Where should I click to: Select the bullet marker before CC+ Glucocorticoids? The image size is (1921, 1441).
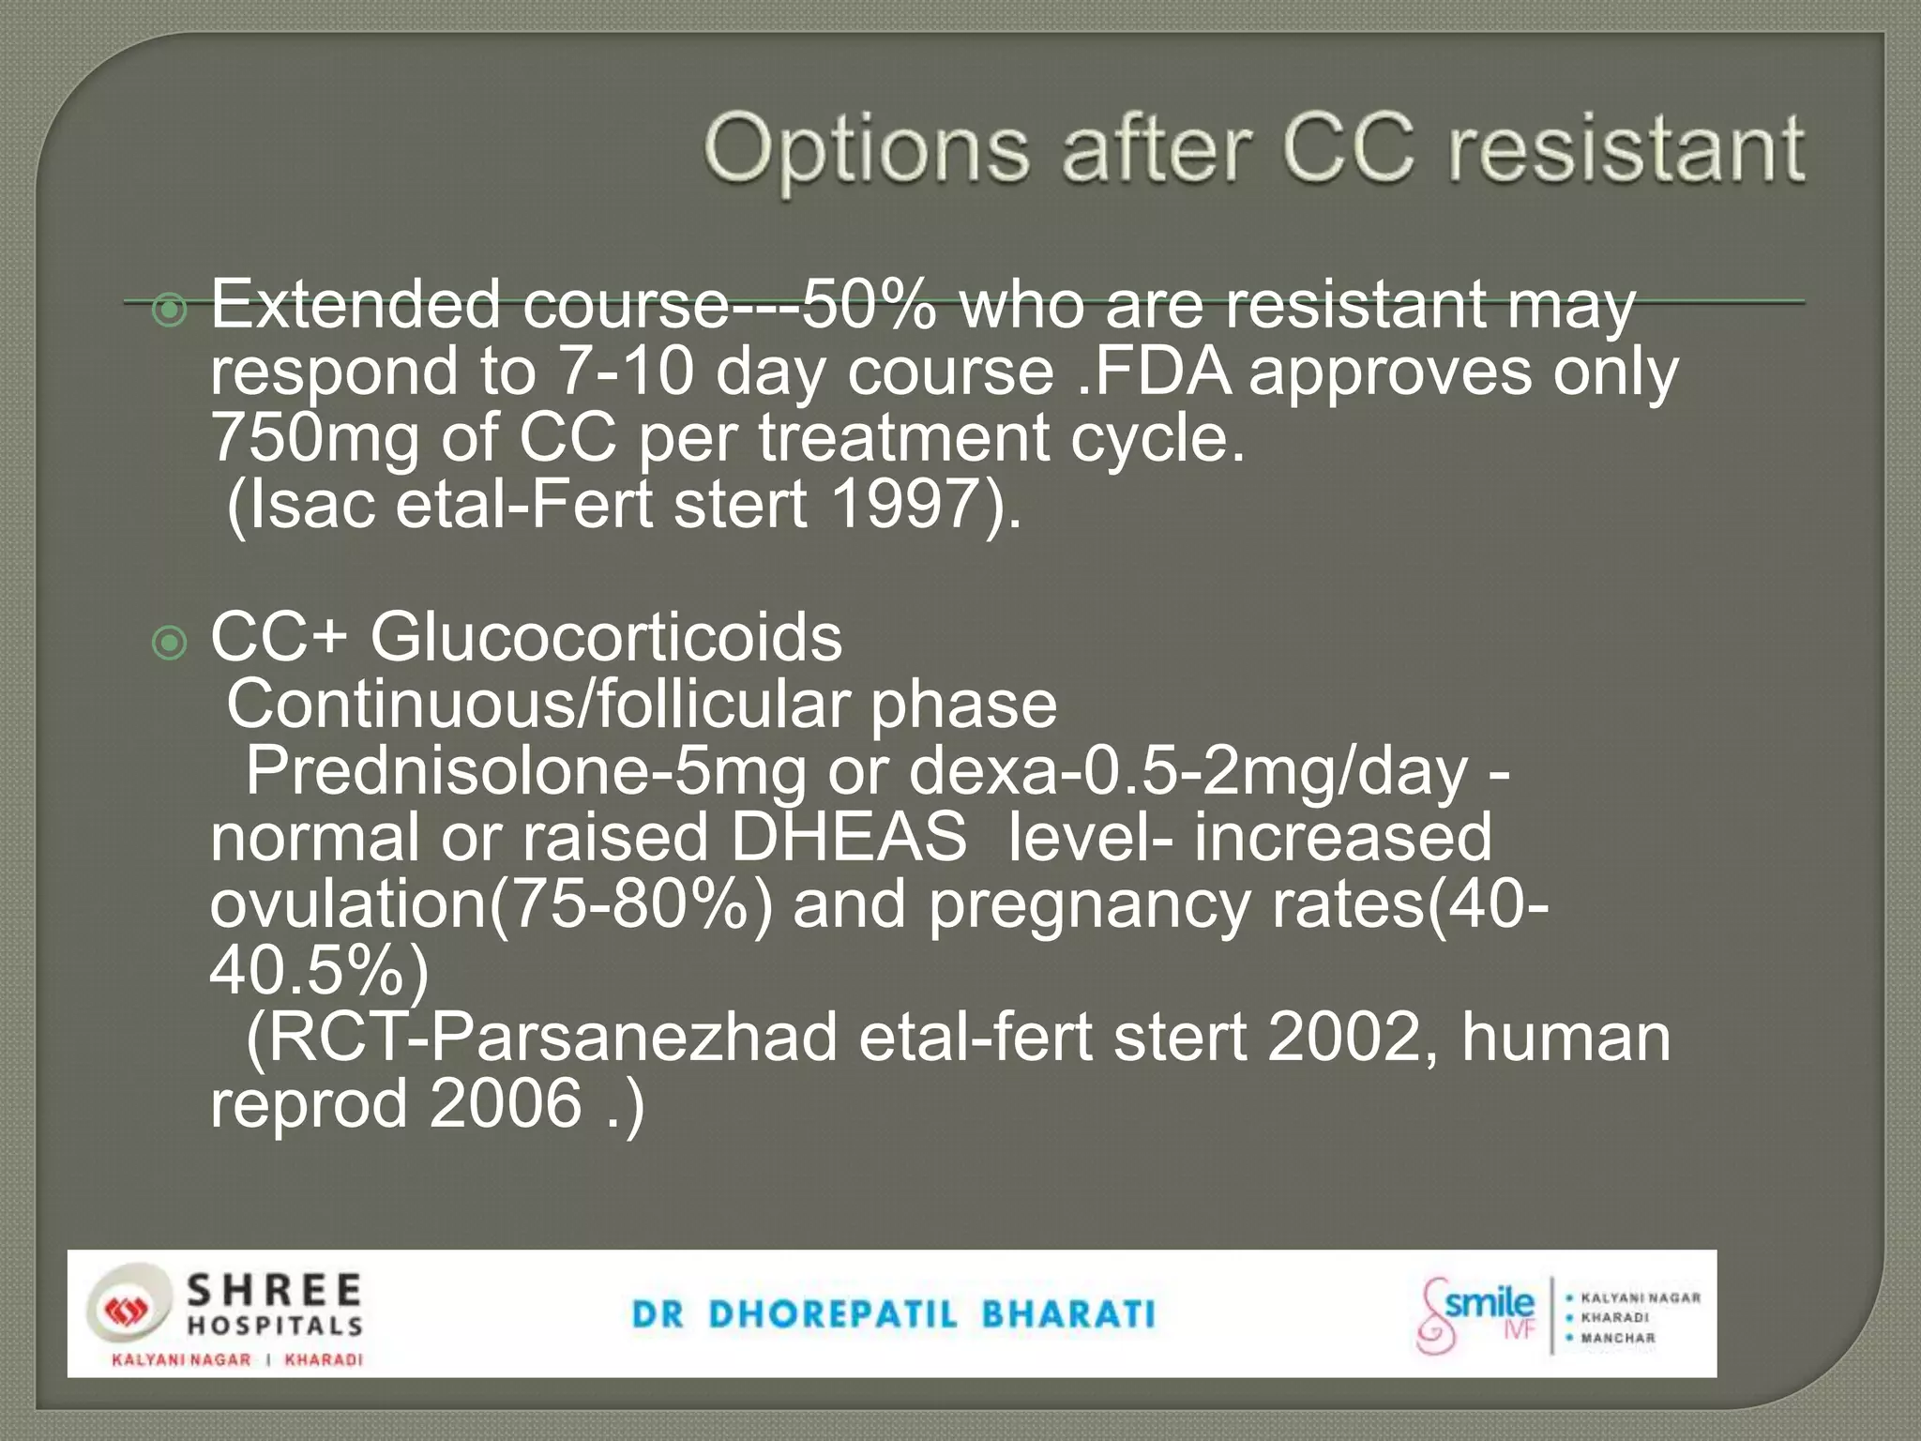point(170,643)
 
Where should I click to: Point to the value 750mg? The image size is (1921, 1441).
point(314,438)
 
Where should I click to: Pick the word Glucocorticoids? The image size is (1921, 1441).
point(606,638)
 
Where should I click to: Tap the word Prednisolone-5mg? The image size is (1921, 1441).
point(525,771)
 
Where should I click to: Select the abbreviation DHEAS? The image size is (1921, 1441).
point(848,837)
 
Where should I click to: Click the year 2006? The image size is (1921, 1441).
point(506,1103)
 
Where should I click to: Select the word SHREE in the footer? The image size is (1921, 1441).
point(274,1290)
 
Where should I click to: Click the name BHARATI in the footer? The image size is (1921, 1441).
point(1068,1314)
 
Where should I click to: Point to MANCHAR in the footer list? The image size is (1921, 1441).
point(1618,1338)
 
